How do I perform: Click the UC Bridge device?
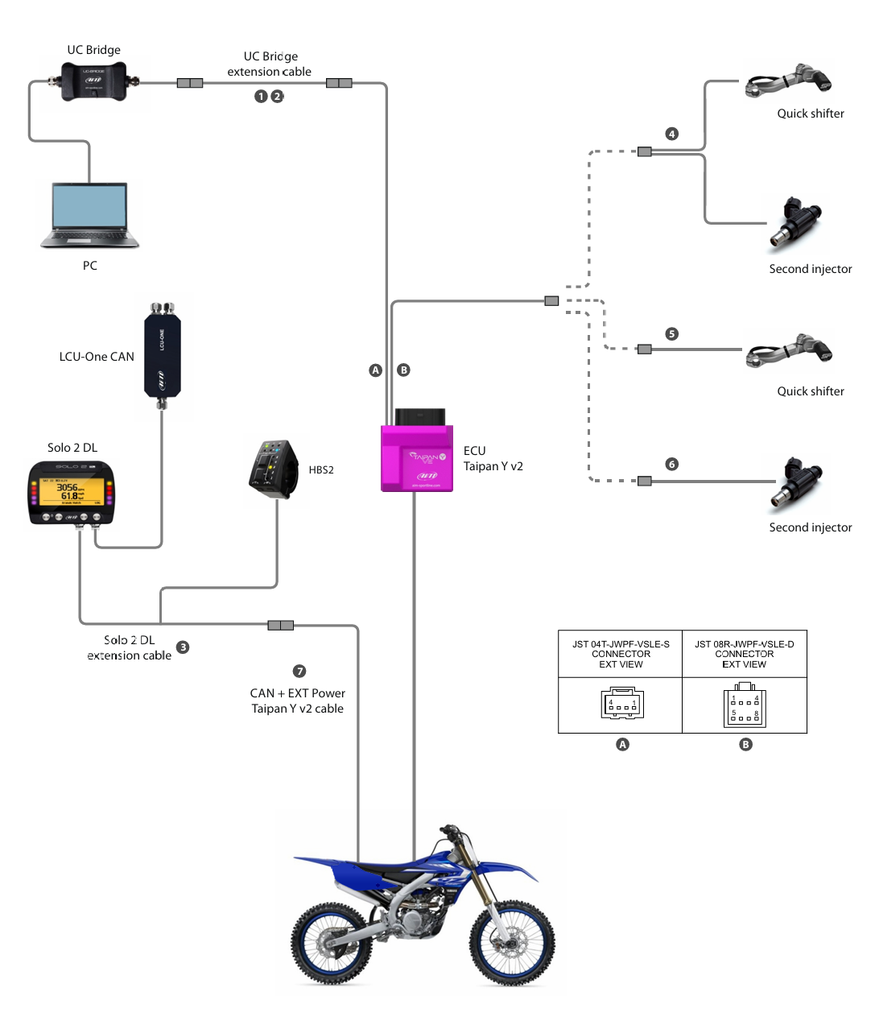pos(94,81)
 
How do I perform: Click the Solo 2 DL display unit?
pos(71,493)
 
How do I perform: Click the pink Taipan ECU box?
pos(417,457)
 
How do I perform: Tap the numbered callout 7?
pos(299,671)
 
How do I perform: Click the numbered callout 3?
pos(183,647)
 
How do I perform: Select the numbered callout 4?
pos(672,134)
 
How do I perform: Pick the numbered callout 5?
pos(672,333)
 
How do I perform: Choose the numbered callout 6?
pos(672,464)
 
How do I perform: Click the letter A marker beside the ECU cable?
pos(375,370)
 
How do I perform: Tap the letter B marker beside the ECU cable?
pos(404,370)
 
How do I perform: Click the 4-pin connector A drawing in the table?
pos(622,705)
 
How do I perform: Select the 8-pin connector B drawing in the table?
pos(745,706)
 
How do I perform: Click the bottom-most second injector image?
pos(798,485)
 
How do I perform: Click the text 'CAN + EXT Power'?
pos(298,693)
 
